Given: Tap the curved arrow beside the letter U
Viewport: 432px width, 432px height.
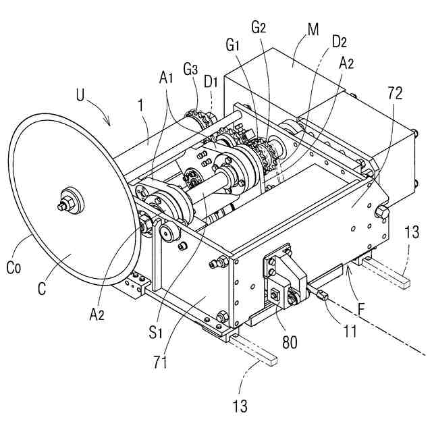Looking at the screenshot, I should click(x=101, y=113).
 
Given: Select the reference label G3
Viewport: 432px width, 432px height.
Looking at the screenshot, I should click(x=190, y=70).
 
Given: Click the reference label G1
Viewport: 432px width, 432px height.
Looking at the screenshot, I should click(x=234, y=47).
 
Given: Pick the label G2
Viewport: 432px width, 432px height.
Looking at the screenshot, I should click(x=259, y=30).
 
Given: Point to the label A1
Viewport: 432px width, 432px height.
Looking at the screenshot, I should click(x=167, y=79).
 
